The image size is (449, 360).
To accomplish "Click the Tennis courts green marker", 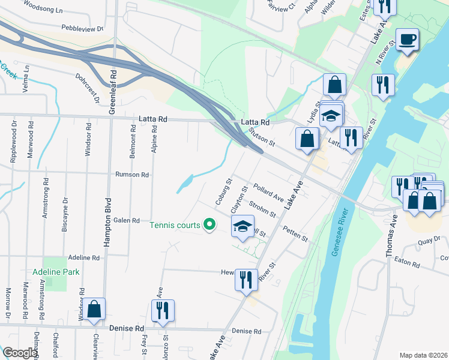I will (209, 225).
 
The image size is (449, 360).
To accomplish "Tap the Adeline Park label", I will (56, 271).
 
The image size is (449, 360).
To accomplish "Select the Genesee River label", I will (340, 231).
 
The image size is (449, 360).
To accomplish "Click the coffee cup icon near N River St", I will (408, 40).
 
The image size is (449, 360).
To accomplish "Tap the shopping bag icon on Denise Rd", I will (94, 310).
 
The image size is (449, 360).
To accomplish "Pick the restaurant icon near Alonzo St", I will (163, 311).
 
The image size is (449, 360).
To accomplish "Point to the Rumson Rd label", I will (132, 175).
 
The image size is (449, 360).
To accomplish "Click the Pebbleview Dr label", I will (82, 28).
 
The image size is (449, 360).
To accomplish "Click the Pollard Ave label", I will (268, 192).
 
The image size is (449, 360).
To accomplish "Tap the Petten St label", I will (295, 233).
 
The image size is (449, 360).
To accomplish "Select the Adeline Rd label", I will (83, 257).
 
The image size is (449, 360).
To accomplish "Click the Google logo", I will (19, 353).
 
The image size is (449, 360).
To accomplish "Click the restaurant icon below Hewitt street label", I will (246, 280).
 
